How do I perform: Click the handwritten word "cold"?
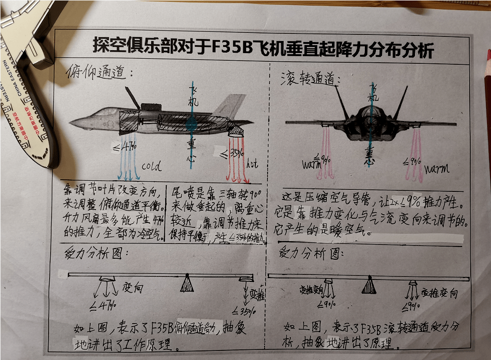pyautogui.click(x=151, y=166)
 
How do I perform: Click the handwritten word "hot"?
pyautogui.click(x=252, y=164)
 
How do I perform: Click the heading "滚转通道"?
pyautogui.click(x=310, y=77)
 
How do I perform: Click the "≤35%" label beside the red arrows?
pyautogui.click(x=224, y=151)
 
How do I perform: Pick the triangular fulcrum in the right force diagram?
pyautogui.click(x=370, y=286)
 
